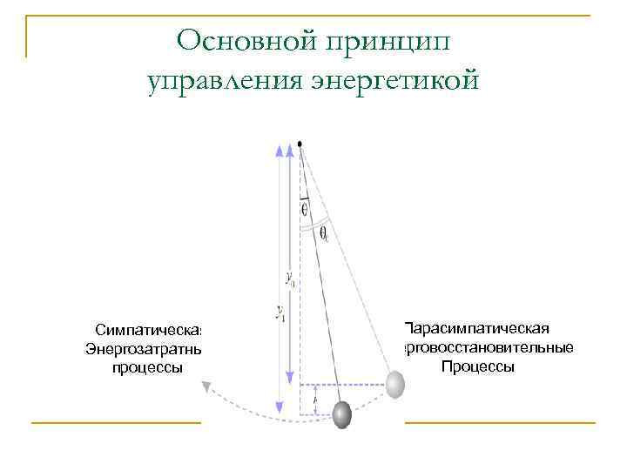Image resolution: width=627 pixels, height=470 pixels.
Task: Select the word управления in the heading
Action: (222, 81)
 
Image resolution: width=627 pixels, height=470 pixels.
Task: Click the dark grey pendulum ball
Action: (342, 414)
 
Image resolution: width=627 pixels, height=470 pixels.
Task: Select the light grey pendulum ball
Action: (394, 384)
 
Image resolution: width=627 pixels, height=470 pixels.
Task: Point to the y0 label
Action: (290, 279)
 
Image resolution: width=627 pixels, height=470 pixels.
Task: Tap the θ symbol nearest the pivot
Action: (304, 209)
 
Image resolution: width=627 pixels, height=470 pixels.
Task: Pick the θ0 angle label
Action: (323, 234)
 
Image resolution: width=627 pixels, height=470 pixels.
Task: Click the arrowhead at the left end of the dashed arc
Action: (207, 387)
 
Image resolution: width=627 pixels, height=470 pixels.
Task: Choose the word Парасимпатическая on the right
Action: (476, 328)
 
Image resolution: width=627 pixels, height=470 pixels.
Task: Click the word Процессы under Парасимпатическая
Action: (477, 366)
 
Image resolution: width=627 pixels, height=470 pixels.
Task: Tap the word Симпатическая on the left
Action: (149, 332)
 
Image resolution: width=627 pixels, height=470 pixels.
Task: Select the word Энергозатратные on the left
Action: (144, 350)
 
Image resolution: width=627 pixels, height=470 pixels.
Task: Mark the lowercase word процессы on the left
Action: (148, 368)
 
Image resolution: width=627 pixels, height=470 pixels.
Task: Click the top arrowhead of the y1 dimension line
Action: (280, 151)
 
